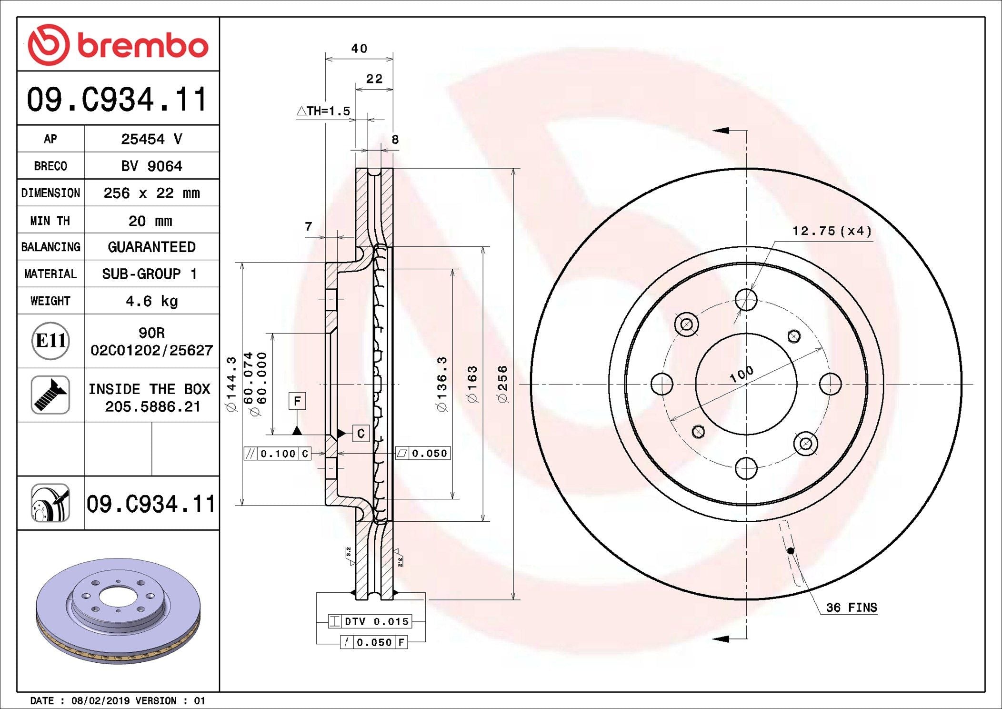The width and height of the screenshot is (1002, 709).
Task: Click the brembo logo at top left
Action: pyautogui.click(x=118, y=45)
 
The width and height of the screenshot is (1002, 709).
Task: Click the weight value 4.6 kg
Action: pyautogui.click(x=152, y=301)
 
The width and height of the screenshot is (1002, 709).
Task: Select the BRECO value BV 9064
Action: pyautogui.click(x=151, y=166)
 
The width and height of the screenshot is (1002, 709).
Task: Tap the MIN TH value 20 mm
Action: pyautogui.click(x=150, y=221)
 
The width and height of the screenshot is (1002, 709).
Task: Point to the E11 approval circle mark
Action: pyautogui.click(x=50, y=341)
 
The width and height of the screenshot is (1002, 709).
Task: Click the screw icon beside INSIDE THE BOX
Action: pyautogui.click(x=50, y=395)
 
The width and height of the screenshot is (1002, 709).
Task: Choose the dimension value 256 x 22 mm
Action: pyautogui.click(x=151, y=193)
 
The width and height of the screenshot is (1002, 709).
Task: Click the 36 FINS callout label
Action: pyautogui.click(x=852, y=608)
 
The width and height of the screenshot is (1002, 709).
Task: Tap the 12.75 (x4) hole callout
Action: pyautogui.click(x=832, y=231)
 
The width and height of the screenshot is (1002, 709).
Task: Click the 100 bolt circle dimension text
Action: pyautogui.click(x=741, y=375)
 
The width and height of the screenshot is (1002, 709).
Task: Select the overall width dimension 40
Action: pyautogui.click(x=359, y=49)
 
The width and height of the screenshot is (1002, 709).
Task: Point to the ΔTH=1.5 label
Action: pyautogui.click(x=323, y=111)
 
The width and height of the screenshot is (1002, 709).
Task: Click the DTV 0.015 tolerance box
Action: pyautogui.click(x=370, y=621)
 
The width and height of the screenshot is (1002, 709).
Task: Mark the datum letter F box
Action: pyautogui.click(x=297, y=401)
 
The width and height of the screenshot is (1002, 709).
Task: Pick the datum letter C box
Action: pyautogui.click(x=361, y=433)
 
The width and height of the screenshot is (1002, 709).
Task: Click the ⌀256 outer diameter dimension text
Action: pyautogui.click(x=502, y=385)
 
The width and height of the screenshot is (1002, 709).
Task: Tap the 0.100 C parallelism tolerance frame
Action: pyautogui.click(x=278, y=454)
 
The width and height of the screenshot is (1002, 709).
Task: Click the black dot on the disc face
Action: pyautogui.click(x=791, y=551)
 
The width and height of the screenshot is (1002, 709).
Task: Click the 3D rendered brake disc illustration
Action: pyautogui.click(x=118, y=611)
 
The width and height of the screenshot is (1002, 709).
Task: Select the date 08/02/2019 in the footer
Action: pyautogui.click(x=100, y=701)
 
